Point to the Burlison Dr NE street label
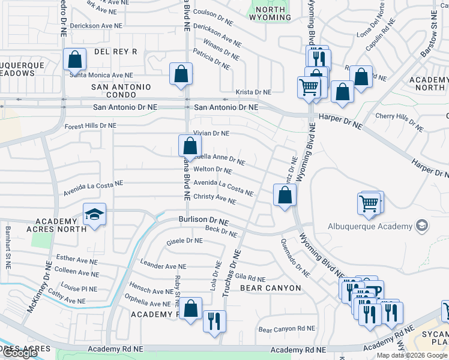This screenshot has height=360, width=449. click(203, 221)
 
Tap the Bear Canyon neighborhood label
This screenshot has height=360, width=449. click(270, 288)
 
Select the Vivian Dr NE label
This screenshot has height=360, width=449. click(211, 133)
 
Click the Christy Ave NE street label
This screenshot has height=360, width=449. click(215, 199)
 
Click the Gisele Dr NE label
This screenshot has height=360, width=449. click(184, 241)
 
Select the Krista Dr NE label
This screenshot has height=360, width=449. click(253, 92)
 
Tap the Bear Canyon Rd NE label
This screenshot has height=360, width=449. click(286, 329)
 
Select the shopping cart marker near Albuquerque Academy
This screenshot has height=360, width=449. click(370, 204)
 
